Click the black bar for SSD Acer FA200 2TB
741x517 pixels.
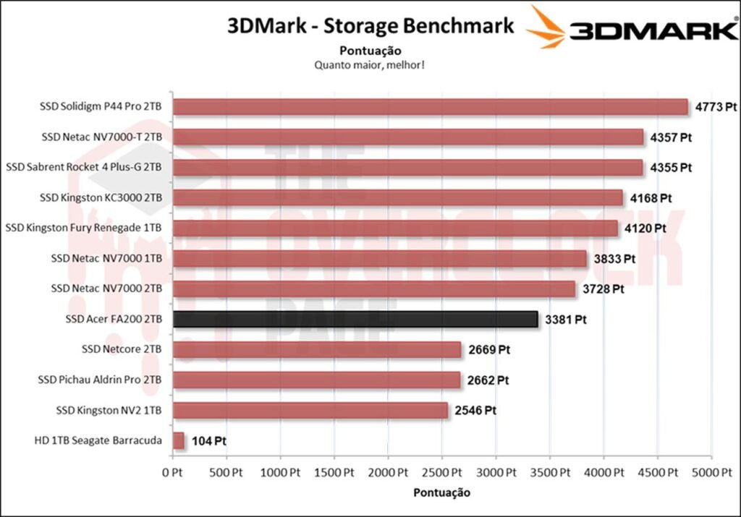[355, 319]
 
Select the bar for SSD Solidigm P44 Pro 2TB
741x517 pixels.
[430, 107]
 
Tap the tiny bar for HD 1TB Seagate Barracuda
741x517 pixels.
[179, 440]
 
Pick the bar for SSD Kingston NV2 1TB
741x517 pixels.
[310, 410]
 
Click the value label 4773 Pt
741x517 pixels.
[716, 107]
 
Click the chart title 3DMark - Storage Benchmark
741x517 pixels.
[370, 27]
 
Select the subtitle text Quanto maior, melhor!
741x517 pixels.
[369, 65]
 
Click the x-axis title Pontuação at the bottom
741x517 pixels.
[441, 492]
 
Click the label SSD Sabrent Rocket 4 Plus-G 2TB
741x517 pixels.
[84, 167]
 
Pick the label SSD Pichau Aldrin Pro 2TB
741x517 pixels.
[100, 380]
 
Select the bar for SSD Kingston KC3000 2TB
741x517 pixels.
[398, 197]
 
